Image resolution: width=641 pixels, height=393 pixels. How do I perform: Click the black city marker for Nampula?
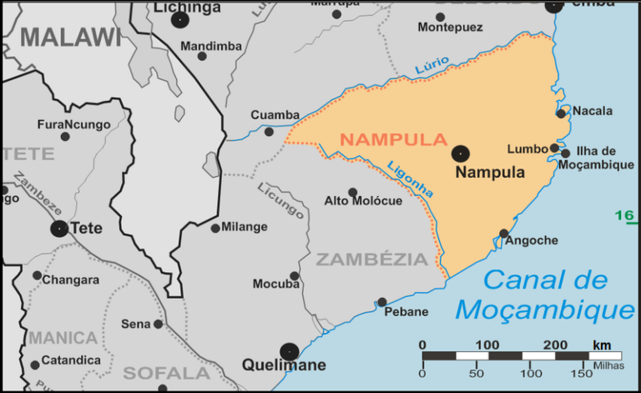(x=460, y=153)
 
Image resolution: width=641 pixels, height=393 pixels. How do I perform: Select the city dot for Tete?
(x=59, y=229)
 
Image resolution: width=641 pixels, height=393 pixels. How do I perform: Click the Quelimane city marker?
(x=289, y=351)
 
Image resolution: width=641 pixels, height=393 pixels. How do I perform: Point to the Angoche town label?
(x=532, y=240)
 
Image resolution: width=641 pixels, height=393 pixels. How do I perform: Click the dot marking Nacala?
(x=562, y=113)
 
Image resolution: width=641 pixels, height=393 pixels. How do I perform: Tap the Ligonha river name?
(x=411, y=178)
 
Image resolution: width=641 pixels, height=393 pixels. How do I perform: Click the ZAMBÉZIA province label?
(x=371, y=259)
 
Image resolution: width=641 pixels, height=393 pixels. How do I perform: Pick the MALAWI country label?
(x=71, y=37)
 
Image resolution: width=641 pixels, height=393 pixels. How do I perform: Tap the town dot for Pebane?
(x=382, y=302)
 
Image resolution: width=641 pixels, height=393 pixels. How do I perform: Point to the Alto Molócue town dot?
(x=352, y=192)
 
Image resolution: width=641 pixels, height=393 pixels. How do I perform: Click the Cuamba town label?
(x=275, y=115)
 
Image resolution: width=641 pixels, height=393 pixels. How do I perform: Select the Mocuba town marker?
(x=295, y=276)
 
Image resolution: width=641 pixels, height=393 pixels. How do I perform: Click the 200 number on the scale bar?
(x=555, y=345)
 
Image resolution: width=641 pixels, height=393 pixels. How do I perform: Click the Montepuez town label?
(x=450, y=28)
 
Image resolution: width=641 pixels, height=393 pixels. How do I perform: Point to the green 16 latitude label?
(x=624, y=216)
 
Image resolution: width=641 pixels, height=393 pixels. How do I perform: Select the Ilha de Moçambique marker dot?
(x=566, y=154)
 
